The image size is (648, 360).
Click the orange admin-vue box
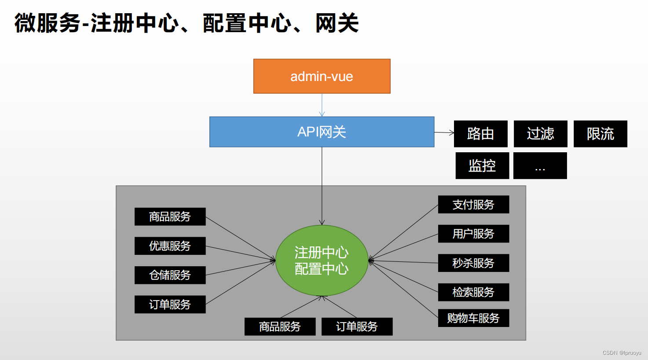322,76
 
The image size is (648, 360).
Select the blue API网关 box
322,132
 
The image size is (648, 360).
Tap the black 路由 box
480,134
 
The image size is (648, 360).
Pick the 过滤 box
540,134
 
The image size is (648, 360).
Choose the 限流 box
600,134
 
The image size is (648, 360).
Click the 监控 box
482,165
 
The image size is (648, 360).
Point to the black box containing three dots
540,165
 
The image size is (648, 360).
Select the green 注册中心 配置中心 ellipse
322,261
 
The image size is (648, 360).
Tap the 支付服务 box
473,205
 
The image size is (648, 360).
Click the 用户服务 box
473,234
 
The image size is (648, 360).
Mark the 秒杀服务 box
473,263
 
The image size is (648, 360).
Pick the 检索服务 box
473,292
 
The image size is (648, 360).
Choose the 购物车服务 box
473,318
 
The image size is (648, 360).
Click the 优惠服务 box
170,246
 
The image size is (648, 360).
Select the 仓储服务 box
170,275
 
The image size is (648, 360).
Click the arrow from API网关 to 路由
444,132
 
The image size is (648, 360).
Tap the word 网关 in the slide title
337,23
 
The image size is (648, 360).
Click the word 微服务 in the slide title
48,23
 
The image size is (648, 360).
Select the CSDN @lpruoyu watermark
622,353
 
